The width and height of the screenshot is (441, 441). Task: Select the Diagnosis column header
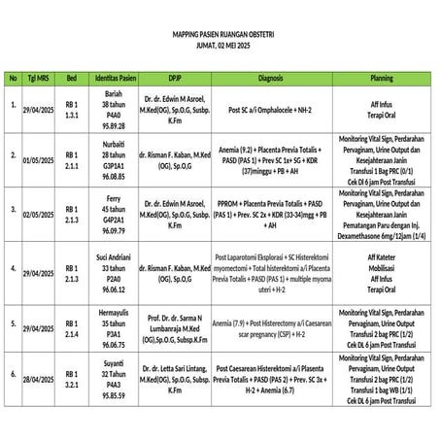(270, 77)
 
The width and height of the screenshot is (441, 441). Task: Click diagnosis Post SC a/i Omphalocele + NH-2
(270, 111)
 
